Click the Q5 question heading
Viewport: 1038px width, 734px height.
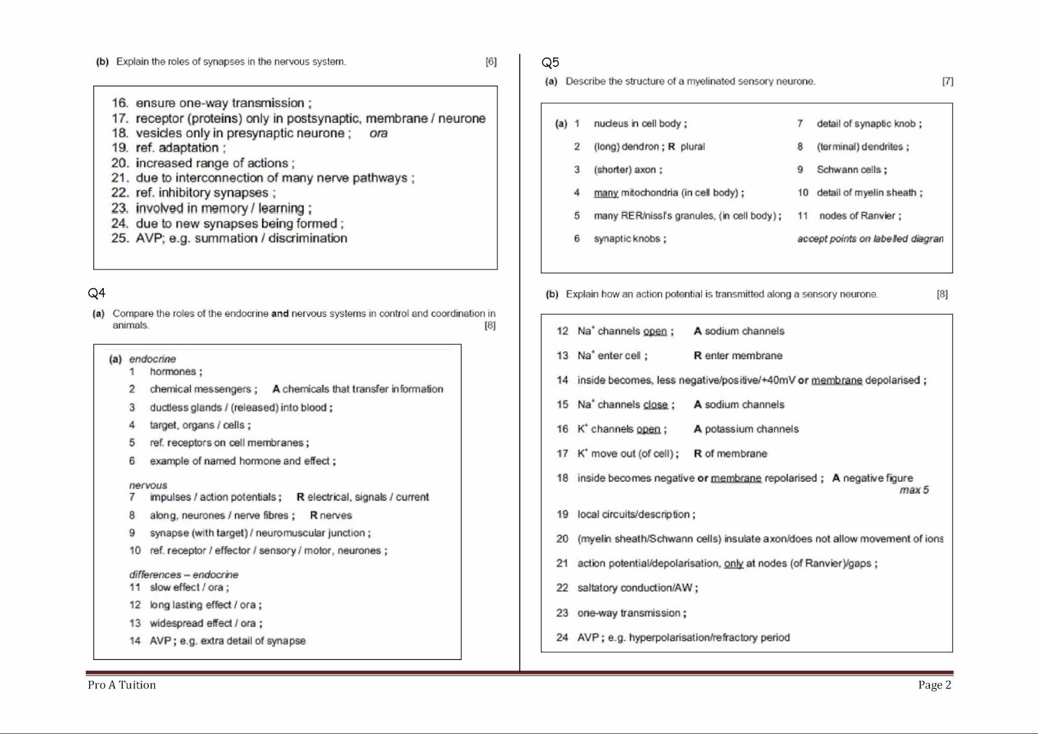(x=550, y=62)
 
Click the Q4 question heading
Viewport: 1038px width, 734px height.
(x=97, y=293)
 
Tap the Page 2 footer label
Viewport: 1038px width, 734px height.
(x=934, y=685)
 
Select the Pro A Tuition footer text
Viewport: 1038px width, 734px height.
(x=122, y=685)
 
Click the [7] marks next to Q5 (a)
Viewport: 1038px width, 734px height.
(x=947, y=81)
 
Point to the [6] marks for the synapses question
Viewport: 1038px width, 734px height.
(x=491, y=62)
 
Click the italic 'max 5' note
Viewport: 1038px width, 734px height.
(x=913, y=490)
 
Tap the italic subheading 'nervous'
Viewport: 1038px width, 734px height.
(x=148, y=485)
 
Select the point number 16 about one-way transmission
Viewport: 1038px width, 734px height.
(x=119, y=103)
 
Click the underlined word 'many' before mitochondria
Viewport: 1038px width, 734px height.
(x=605, y=193)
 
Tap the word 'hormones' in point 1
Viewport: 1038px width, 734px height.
(x=173, y=371)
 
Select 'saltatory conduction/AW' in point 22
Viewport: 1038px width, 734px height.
(x=635, y=588)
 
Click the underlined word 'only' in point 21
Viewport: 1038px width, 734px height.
(x=733, y=563)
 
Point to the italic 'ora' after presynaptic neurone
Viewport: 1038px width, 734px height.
(x=378, y=133)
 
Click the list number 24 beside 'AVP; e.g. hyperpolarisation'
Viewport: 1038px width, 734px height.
(x=562, y=637)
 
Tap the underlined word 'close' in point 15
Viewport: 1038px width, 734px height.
(x=655, y=404)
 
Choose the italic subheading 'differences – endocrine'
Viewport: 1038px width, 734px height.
(x=184, y=574)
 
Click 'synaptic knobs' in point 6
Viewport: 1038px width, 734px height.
(x=627, y=239)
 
